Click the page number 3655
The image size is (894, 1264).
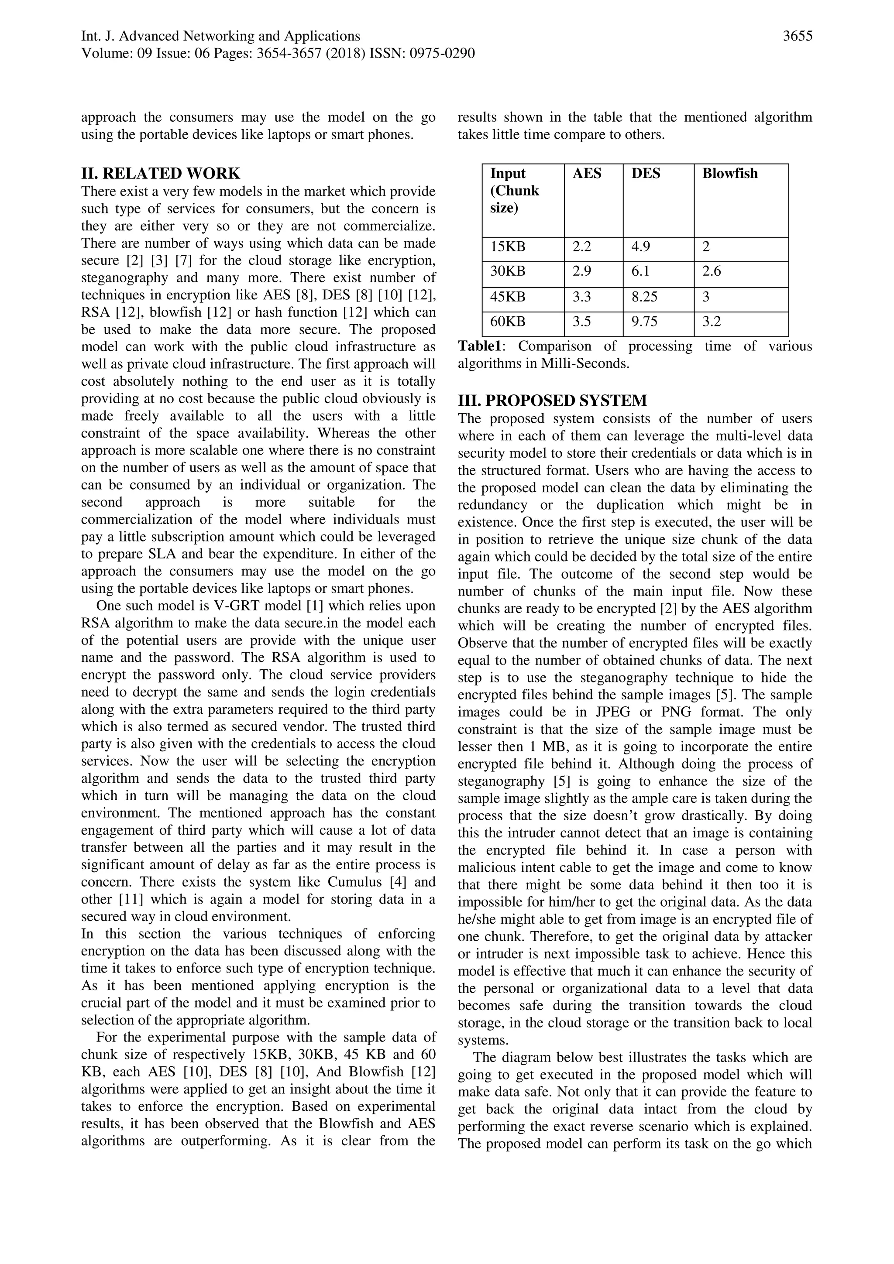(797, 36)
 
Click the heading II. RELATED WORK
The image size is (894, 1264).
(160, 173)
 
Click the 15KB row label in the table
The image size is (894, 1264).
(508, 247)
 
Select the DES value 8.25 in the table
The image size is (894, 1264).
(644, 297)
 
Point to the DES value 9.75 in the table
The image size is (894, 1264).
(644, 322)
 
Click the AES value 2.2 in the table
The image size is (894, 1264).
(582, 247)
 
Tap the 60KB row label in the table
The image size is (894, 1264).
(508, 322)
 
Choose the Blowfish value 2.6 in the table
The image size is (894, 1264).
(711, 271)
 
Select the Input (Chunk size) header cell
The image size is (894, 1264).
(515, 191)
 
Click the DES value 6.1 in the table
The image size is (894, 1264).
(641, 271)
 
